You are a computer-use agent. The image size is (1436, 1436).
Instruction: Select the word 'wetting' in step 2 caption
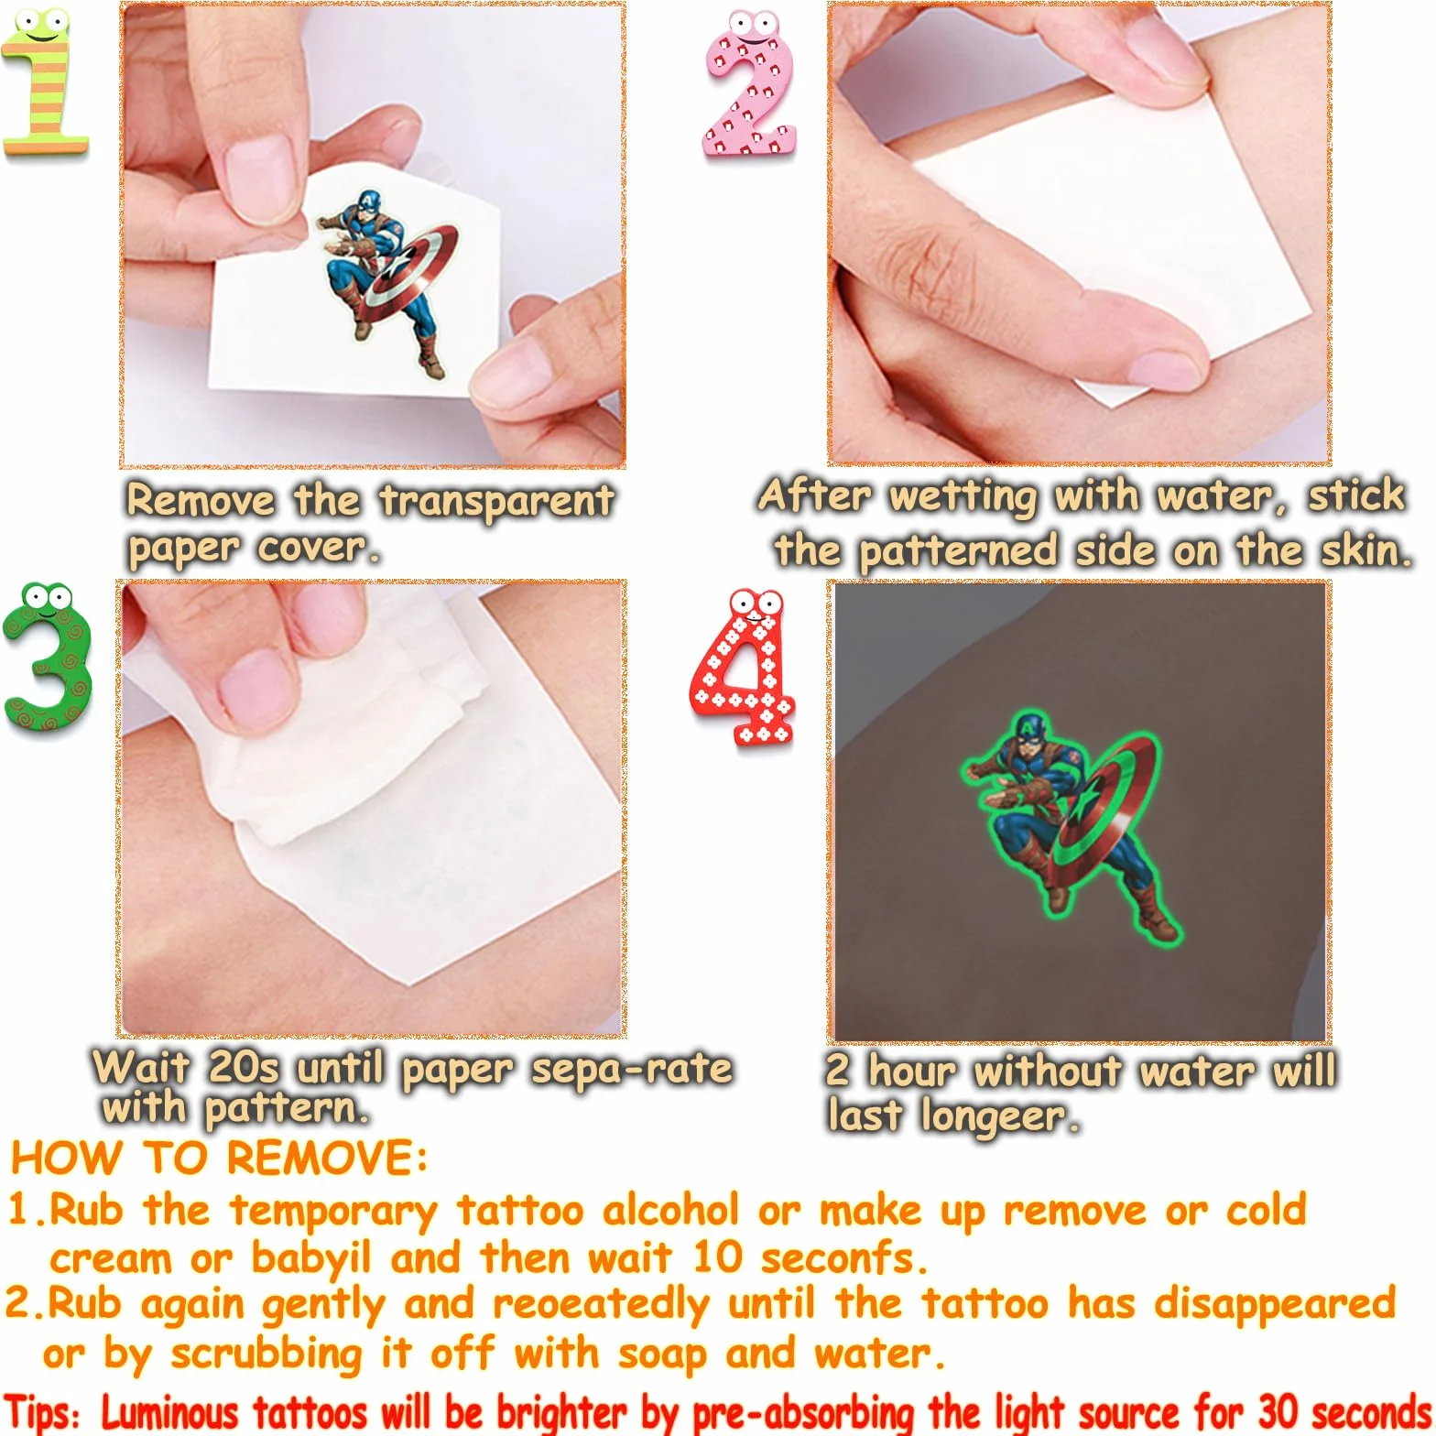pos(963,496)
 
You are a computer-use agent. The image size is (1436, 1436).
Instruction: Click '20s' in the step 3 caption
pos(244,1067)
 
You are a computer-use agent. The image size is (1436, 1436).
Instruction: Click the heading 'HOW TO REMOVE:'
pos(219,1159)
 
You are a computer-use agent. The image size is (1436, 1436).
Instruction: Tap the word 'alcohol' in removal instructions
pos(670,1210)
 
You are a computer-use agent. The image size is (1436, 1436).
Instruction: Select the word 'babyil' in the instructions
pos(310,1259)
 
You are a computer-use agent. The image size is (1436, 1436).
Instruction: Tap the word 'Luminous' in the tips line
pos(169,1412)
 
